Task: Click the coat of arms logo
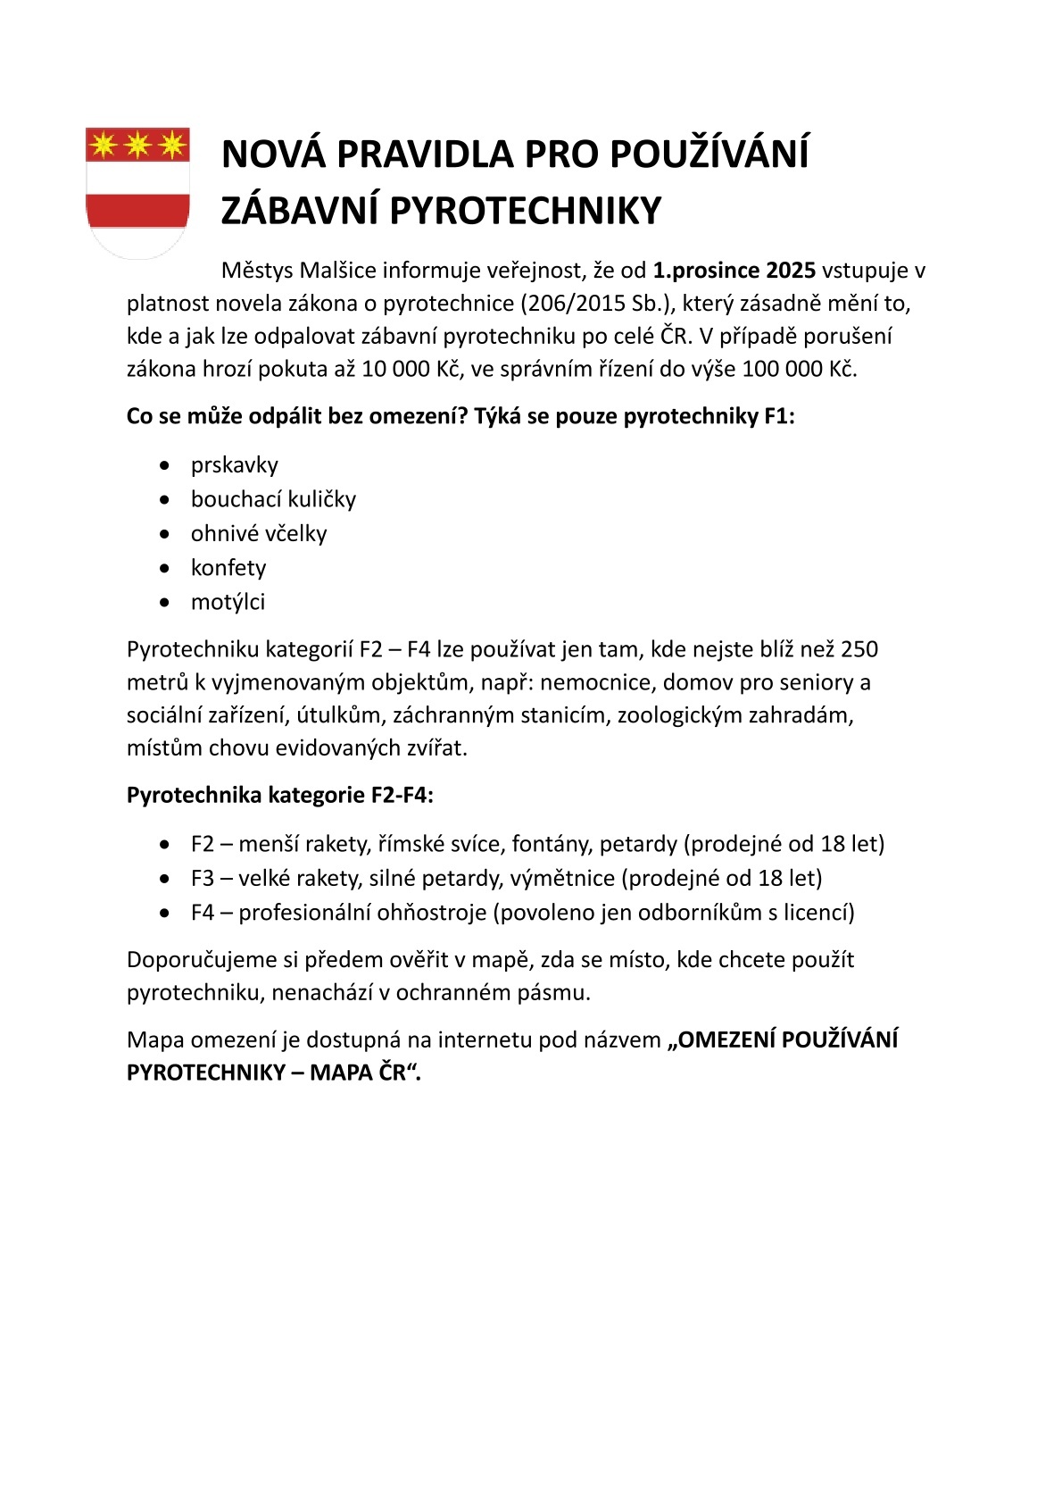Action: coord(137,193)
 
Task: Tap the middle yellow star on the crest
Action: coord(137,144)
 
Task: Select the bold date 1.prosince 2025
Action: coord(734,271)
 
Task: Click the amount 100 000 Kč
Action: coord(798,370)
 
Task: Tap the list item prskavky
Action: coord(234,465)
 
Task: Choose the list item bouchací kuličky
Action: coord(273,499)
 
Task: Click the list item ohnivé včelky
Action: coord(259,534)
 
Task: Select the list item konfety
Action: coord(228,568)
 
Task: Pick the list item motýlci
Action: coord(228,602)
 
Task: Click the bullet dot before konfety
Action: coord(163,569)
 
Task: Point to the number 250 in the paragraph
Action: coord(859,649)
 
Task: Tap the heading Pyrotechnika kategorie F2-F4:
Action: coord(280,796)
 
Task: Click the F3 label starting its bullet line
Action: coord(203,879)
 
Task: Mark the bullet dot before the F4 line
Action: coord(163,914)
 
